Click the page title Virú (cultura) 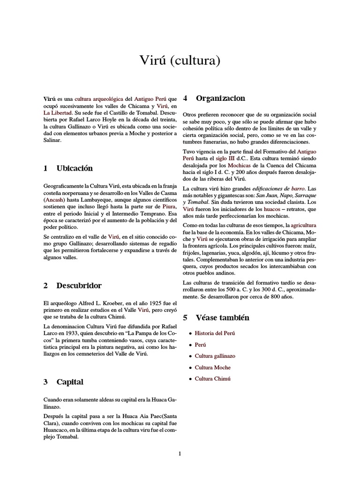[180, 60]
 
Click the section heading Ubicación [75, 168]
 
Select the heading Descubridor [79, 285]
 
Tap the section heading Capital [70, 382]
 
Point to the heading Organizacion [220, 98]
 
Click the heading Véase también [222, 317]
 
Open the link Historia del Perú [215, 333]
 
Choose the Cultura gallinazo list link [215, 356]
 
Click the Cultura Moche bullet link [213, 367]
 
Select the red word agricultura [303, 225]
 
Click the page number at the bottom [180, 453]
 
